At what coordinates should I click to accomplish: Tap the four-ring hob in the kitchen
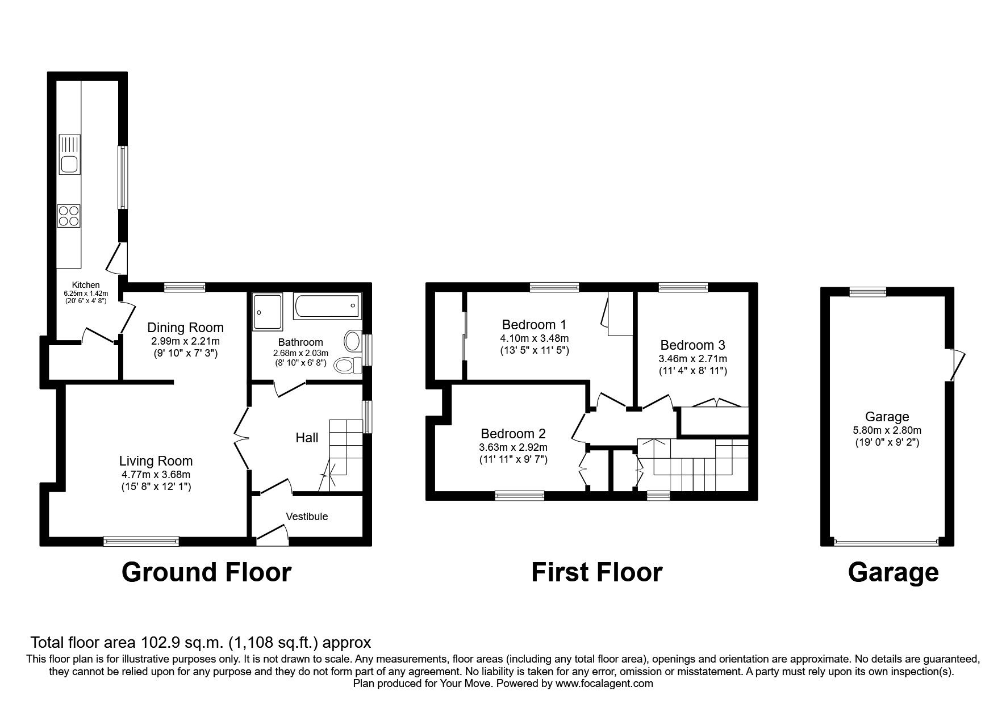69,216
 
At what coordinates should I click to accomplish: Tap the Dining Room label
185,328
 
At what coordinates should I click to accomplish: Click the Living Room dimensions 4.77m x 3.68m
156,475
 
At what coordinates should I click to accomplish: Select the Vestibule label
307,517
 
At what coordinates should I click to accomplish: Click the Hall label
307,438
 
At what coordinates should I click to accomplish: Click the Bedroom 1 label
534,325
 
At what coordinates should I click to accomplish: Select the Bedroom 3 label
692,345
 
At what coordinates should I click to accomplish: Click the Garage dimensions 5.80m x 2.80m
887,430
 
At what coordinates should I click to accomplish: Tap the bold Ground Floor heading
206,572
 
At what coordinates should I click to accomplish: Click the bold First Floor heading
596,572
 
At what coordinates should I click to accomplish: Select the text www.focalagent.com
604,684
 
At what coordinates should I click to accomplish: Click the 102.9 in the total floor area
160,643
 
